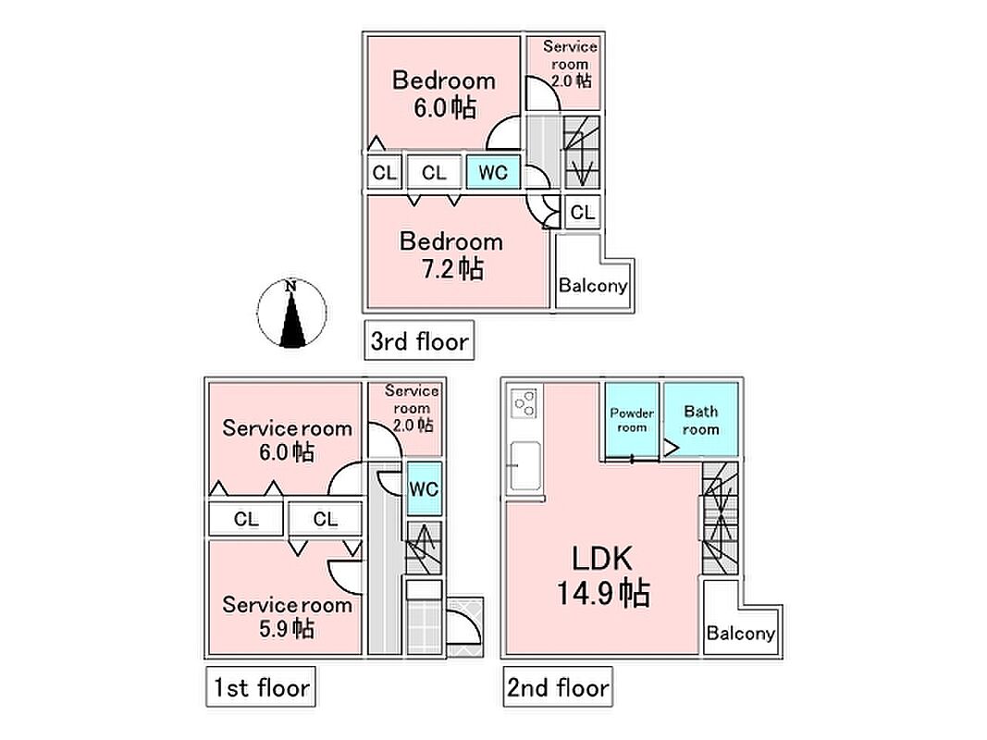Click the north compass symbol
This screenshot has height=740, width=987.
point(291,313)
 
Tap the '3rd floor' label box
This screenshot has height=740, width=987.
point(419,340)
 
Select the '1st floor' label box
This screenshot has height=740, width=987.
point(261,686)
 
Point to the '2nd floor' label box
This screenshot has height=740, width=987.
point(558,686)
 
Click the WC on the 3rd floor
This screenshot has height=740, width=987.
point(493,172)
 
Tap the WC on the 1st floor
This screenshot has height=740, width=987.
point(424,489)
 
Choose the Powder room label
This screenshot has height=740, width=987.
point(632,420)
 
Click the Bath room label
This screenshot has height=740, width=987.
point(700,420)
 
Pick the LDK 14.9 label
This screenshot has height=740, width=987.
point(603,575)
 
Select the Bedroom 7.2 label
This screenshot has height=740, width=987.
point(451,255)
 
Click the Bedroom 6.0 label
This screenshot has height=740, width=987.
point(444,93)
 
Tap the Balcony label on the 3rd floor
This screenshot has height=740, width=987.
point(593,286)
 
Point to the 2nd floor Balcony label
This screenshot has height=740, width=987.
point(740,633)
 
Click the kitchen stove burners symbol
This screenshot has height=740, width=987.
point(524,402)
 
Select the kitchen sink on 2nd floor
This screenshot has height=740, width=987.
point(524,465)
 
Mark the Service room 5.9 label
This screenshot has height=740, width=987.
point(287,617)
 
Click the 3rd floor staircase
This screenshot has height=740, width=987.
point(581,152)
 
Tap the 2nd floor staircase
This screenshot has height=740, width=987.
point(720,518)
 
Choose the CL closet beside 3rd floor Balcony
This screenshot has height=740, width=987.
point(582,212)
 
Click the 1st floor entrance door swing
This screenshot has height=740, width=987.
point(464,627)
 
